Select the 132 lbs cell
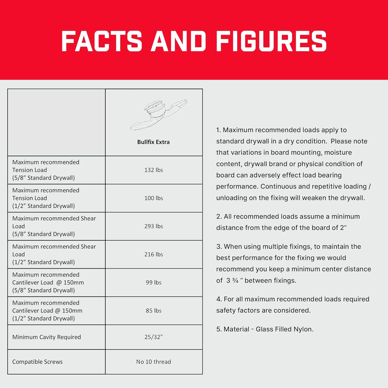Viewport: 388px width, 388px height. (x=154, y=170)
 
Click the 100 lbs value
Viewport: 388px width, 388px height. (x=154, y=198)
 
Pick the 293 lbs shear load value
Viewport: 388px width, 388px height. (x=154, y=226)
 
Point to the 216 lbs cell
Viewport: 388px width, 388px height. (x=154, y=255)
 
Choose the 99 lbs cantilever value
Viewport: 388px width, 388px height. (x=154, y=282)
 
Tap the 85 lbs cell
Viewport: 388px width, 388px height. (x=154, y=311)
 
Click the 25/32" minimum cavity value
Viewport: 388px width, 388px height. (x=154, y=337)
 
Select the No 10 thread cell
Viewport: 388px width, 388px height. (x=154, y=362)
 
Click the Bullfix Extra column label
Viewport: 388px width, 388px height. (x=153, y=142)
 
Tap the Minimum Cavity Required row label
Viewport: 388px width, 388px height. (x=47, y=337)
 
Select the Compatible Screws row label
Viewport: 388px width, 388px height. (x=38, y=362)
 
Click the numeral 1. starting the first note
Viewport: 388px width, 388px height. (x=219, y=130)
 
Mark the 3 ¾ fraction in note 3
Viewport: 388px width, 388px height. (x=232, y=281)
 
